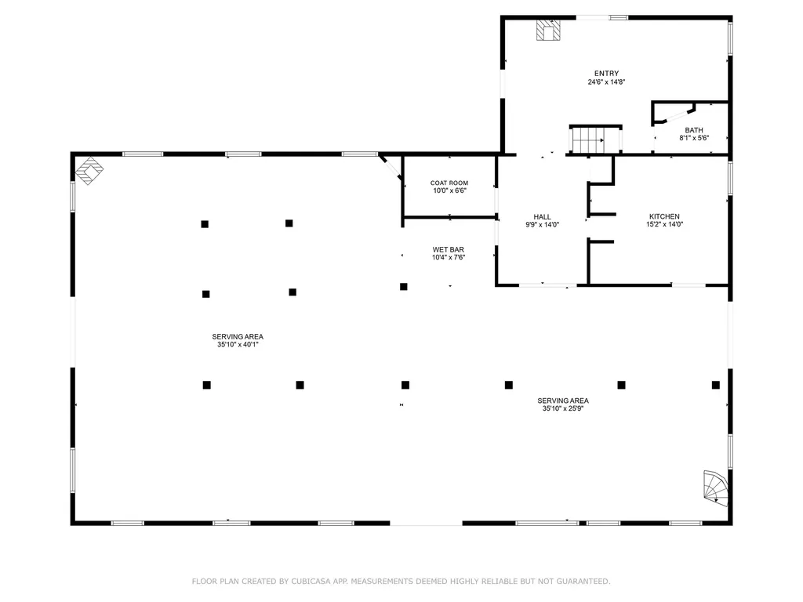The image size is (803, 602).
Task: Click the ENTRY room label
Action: coord(606,74)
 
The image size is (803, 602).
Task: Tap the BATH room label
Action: coord(694,130)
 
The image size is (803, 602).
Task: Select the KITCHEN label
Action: coord(664,216)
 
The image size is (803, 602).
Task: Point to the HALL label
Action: coord(542,217)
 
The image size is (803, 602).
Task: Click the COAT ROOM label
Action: coord(449,183)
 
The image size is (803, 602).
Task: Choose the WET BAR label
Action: coord(448,250)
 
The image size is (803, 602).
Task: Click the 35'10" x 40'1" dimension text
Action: coord(238,345)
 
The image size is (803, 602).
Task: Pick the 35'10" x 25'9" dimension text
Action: coord(563,408)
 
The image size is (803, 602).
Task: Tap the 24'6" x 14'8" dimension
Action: coord(606,82)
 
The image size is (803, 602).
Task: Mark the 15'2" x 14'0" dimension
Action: coord(664,224)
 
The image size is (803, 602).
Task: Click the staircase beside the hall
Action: coord(596,140)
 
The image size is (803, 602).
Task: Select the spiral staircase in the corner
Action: coord(715,488)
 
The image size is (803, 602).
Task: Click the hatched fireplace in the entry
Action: coord(548,31)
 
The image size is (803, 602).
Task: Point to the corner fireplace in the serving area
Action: coord(89,170)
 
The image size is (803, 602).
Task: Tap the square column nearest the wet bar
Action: coord(404,287)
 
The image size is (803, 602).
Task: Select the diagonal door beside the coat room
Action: coord(391,167)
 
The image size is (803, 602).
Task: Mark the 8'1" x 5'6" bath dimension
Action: coord(694,138)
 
